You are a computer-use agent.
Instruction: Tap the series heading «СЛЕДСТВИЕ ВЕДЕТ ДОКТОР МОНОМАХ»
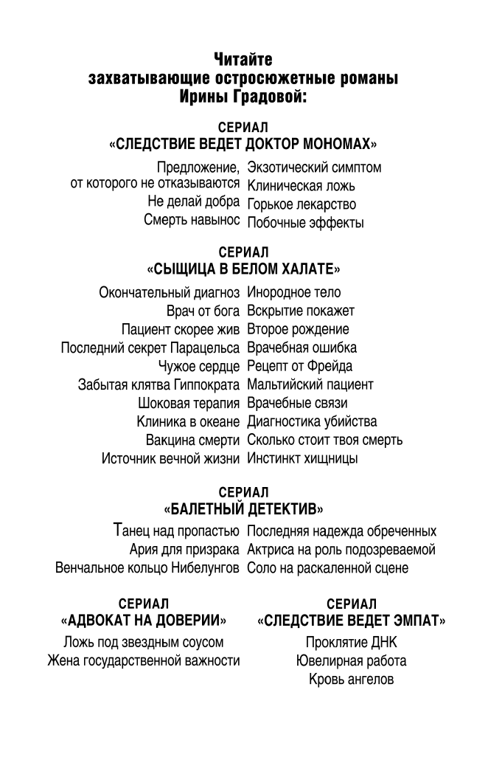(243, 143)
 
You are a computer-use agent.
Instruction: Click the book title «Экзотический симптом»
(314, 168)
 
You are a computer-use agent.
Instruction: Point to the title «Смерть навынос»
(192, 221)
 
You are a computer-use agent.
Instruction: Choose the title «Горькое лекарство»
(301, 204)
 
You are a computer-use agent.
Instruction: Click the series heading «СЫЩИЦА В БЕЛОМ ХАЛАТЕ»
(243, 269)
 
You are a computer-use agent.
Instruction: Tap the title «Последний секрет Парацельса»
(150, 348)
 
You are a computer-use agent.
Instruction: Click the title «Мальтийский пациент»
(310, 384)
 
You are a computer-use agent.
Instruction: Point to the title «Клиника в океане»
(188, 422)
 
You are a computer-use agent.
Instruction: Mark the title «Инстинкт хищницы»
(303, 459)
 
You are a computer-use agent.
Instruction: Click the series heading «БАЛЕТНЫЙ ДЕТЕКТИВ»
(243, 508)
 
